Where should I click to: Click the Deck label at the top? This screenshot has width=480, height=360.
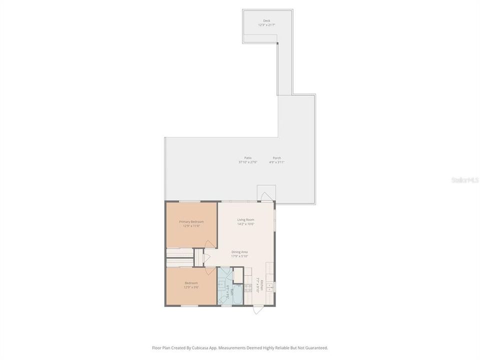pyautogui.click(x=266, y=20)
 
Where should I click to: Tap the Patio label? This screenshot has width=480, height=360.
pyautogui.click(x=248, y=158)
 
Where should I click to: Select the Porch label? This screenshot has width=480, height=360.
pyautogui.click(x=276, y=158)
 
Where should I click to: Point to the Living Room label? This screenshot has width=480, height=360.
pyautogui.click(x=246, y=219)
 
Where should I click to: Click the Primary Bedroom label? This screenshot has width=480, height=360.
pyautogui.click(x=191, y=221)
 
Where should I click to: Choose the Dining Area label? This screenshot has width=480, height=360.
pyautogui.click(x=239, y=251)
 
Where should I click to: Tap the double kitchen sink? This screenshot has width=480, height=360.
pyautogui.click(x=270, y=286)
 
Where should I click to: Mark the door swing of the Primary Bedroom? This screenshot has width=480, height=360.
pyautogui.click(x=210, y=243)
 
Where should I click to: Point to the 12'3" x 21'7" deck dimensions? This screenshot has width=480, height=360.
pyautogui.click(x=266, y=24)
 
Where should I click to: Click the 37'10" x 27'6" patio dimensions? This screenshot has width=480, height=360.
pyautogui.click(x=248, y=162)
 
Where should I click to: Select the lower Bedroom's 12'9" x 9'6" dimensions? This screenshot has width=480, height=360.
pyautogui.click(x=191, y=287)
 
